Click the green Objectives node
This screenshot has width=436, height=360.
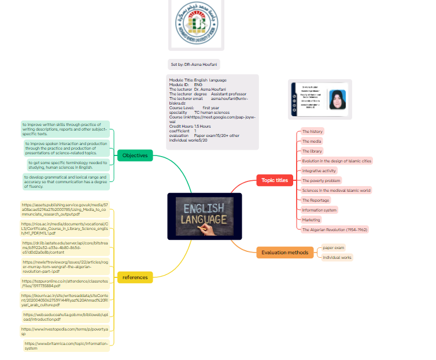pyautogui.click(x=135, y=155)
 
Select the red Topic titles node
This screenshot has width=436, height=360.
pyautogui.click(x=274, y=180)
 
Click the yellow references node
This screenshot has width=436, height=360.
pyautogui.click(x=135, y=277)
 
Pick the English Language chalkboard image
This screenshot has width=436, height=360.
pyautogui.click(x=205, y=216)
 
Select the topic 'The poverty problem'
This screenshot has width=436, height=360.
pyautogui.click(x=321, y=180)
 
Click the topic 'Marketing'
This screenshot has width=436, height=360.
pyautogui.click(x=311, y=220)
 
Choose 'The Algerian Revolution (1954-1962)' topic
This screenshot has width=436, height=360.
pyautogui.click(x=334, y=229)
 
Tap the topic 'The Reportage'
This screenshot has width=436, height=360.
pyautogui.click(x=315, y=200)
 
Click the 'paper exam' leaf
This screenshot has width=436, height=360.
pyautogui.click(x=333, y=248)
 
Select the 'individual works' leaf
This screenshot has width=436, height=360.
pyautogui.click(x=337, y=258)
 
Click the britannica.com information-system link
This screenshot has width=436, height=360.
pyautogui.click(x=66, y=346)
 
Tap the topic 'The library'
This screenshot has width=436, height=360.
pyautogui.click(x=312, y=151)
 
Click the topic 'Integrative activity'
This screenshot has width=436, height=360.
pyautogui.click(x=319, y=170)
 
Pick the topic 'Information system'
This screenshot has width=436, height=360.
pyautogui.click(x=319, y=210)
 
